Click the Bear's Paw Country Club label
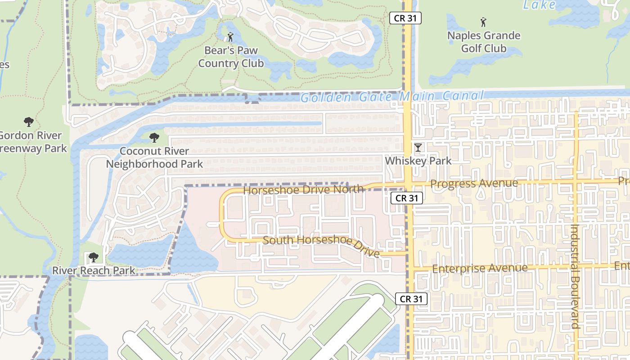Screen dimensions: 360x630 pos(231,57)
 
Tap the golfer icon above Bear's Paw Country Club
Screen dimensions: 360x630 pos(231,36)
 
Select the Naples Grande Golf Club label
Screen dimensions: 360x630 pos(484,42)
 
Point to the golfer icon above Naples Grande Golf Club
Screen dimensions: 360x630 pos(484,22)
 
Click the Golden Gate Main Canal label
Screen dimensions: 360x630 pos(392,97)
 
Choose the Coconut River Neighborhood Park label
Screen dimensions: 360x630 pos(154,157)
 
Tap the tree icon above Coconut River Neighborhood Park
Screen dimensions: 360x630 pos(154,137)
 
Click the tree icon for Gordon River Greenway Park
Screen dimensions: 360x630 pos(29,121)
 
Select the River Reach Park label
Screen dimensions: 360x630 pos(94,270)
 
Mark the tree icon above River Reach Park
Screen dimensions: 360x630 pos(93,257)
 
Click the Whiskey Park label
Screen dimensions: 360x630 pos(418,161)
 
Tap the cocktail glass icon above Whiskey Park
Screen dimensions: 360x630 pos(418,147)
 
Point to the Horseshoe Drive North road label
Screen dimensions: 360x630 pos(303,189)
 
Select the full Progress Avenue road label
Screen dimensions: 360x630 pos(474,184)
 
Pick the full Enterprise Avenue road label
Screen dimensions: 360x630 pos(480,268)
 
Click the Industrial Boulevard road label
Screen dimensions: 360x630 pos(575,277)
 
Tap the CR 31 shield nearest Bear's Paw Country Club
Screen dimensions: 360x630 pos(405,18)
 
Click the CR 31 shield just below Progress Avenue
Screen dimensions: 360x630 pos(407,198)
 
